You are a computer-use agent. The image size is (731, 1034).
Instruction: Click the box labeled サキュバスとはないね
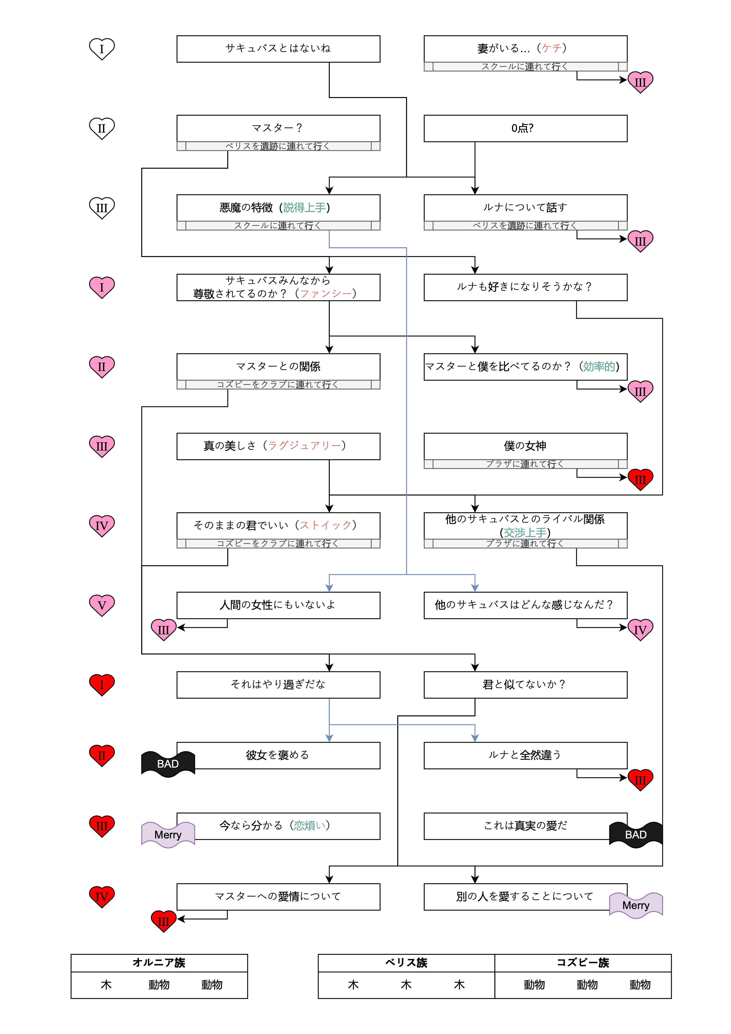point(278,49)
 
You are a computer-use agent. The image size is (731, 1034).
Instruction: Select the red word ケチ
point(552,48)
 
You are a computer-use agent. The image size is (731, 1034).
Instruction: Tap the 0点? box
point(525,128)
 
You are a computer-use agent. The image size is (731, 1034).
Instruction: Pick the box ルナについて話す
point(525,208)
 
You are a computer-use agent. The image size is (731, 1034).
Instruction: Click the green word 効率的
point(599,367)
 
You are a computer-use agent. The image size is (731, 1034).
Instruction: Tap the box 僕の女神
point(525,446)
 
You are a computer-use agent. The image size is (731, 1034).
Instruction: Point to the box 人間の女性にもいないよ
point(278,605)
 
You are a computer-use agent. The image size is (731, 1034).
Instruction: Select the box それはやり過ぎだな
point(278,684)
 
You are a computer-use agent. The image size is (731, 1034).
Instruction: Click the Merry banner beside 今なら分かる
point(168,834)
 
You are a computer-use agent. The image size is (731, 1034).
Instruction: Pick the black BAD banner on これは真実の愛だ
point(636,834)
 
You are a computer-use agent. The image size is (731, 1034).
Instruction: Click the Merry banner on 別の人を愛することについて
point(636,905)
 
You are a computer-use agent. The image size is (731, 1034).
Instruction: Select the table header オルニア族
point(159,963)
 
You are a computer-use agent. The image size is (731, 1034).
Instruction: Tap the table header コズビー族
point(583,963)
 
